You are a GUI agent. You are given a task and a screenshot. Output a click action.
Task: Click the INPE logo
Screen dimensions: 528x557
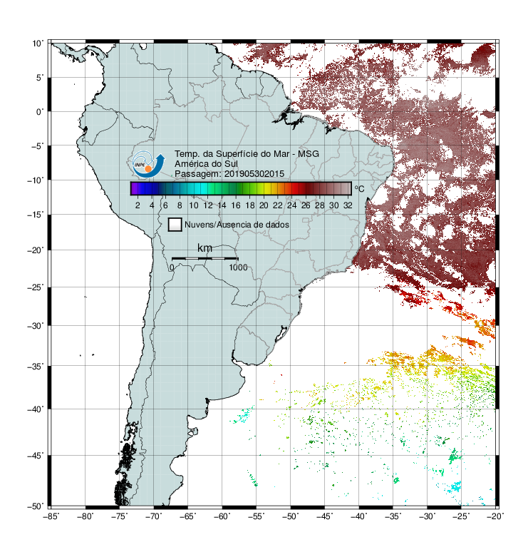click(148, 164)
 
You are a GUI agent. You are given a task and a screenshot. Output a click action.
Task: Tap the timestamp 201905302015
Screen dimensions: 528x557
click(254, 174)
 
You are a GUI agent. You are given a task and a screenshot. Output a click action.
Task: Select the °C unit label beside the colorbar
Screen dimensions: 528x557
click(359, 188)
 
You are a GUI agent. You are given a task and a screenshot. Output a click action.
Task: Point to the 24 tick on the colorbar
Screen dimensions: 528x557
click(291, 205)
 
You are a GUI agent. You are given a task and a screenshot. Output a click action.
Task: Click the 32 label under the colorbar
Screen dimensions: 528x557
click(348, 205)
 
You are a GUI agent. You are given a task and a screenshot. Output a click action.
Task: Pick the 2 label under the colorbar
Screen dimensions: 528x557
click(138, 205)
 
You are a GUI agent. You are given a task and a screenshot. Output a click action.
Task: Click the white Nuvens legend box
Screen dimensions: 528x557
click(175, 225)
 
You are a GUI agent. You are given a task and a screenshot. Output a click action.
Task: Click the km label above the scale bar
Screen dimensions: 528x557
click(205, 248)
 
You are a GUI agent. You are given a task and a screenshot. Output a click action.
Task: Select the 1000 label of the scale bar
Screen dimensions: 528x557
click(238, 267)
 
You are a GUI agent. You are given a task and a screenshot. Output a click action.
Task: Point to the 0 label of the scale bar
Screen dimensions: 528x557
click(172, 267)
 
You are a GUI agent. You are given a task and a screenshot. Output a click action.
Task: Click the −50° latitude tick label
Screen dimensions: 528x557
click(36, 506)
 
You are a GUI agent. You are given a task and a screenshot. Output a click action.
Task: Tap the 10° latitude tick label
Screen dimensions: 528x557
click(38, 44)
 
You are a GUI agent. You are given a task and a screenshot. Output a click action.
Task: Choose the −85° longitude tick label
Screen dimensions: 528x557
click(51, 516)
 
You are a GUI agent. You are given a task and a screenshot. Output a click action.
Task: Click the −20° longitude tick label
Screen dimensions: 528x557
click(495, 516)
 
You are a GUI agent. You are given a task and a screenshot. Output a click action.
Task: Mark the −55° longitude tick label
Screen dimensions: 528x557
click(257, 516)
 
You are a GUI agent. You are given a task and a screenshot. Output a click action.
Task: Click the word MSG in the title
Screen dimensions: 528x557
click(309, 154)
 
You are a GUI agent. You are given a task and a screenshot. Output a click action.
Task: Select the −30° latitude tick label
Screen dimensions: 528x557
click(36, 325)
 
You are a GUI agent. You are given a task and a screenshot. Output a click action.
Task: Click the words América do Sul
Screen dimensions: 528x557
click(206, 164)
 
